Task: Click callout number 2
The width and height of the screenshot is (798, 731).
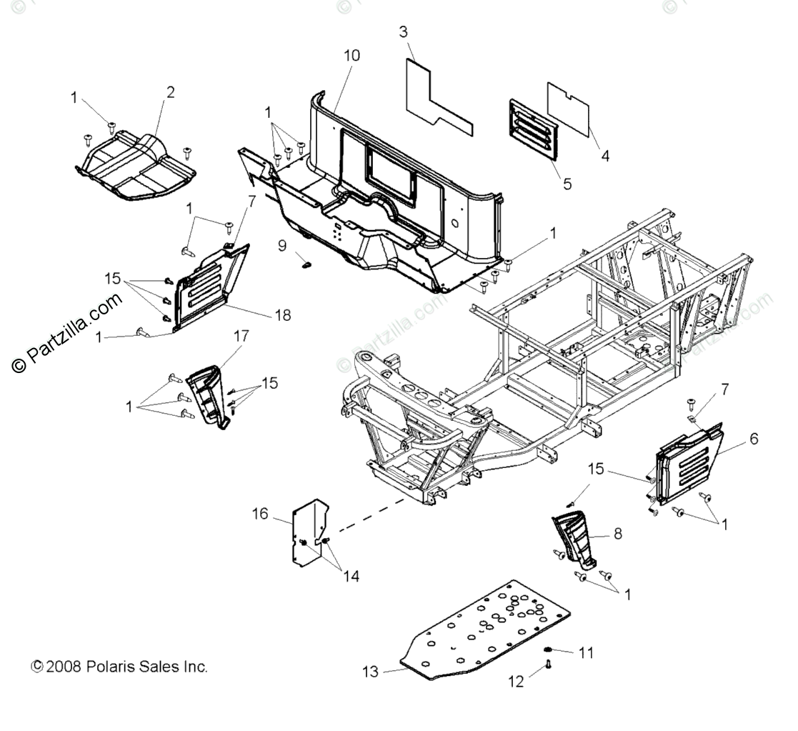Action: pyautogui.click(x=170, y=92)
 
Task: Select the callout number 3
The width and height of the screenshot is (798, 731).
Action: pyautogui.click(x=404, y=31)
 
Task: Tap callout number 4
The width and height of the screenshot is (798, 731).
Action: pyautogui.click(x=605, y=155)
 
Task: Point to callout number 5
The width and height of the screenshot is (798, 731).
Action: pyautogui.click(x=567, y=184)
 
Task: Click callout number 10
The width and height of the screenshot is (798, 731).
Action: pyautogui.click(x=351, y=55)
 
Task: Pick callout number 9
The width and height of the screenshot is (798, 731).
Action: pyautogui.click(x=283, y=245)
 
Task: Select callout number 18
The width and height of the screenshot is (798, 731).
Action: pyautogui.click(x=283, y=315)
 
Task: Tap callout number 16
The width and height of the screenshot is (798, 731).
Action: pyautogui.click(x=260, y=513)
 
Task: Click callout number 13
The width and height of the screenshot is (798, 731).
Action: pyautogui.click(x=370, y=672)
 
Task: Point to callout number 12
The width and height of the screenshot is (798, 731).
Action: pyautogui.click(x=516, y=682)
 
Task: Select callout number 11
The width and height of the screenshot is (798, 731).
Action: pyautogui.click(x=587, y=652)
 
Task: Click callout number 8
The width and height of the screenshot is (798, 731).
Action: pyautogui.click(x=617, y=532)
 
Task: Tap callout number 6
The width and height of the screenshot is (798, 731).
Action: pyautogui.click(x=753, y=439)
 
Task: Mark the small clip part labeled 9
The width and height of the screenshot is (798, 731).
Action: pyautogui.click(x=308, y=265)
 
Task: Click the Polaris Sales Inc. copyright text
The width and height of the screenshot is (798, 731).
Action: pyautogui.click(x=120, y=667)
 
